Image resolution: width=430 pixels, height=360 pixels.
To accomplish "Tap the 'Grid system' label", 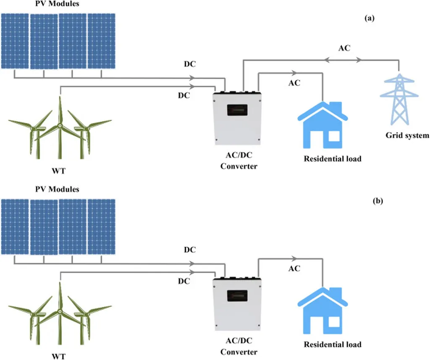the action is [x=407, y=136].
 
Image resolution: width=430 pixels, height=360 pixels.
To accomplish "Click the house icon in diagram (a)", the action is [x=323, y=125].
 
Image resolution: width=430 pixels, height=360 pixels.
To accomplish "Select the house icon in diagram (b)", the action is [x=323, y=310].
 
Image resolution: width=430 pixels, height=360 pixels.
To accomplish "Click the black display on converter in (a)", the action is [x=237, y=110].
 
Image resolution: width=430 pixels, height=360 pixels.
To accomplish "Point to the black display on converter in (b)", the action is [x=237, y=296].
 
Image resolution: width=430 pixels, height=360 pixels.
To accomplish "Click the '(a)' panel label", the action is [x=370, y=18].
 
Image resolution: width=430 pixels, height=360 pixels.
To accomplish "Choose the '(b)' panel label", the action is [x=378, y=201].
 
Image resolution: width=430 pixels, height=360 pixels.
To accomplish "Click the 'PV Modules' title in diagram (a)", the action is [x=57, y=3].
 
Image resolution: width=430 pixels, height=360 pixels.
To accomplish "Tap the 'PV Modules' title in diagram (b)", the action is [x=57, y=189].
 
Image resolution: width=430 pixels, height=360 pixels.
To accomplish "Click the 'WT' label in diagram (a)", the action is [x=59, y=171].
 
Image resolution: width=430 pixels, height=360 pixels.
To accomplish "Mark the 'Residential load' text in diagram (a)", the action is [x=333, y=159].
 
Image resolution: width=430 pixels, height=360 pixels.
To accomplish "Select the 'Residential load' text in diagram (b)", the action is [x=333, y=344].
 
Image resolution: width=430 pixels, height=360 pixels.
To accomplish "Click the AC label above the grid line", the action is [x=344, y=48].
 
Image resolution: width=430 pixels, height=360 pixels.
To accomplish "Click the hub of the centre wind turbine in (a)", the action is [x=60, y=126].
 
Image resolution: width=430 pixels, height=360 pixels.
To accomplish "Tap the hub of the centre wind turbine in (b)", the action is [x=60, y=311].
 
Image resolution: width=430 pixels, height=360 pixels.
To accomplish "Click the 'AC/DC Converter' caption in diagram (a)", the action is [x=239, y=161].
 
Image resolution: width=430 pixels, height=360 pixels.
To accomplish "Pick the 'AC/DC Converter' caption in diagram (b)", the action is [x=239, y=346].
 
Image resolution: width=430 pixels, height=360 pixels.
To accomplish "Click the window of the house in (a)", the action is [x=334, y=136].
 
